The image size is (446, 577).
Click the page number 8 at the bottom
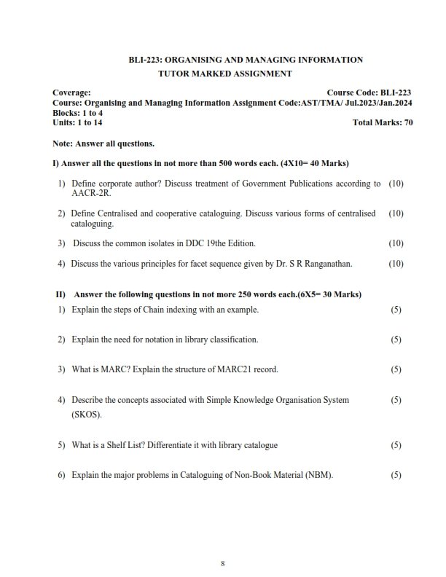pyautogui.click(x=223, y=563)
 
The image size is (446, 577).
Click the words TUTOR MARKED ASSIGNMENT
pyautogui.click(x=224, y=74)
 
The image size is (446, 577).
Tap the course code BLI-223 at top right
pyautogui.click(x=396, y=93)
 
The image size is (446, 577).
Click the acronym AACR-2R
pyautogui.click(x=91, y=195)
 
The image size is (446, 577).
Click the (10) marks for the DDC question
pyautogui.click(x=396, y=243)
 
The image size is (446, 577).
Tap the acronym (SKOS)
pyautogui.click(x=87, y=414)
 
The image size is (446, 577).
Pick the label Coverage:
pyautogui.click(x=72, y=93)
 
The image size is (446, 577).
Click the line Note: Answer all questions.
pyautogui.click(x=103, y=144)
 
